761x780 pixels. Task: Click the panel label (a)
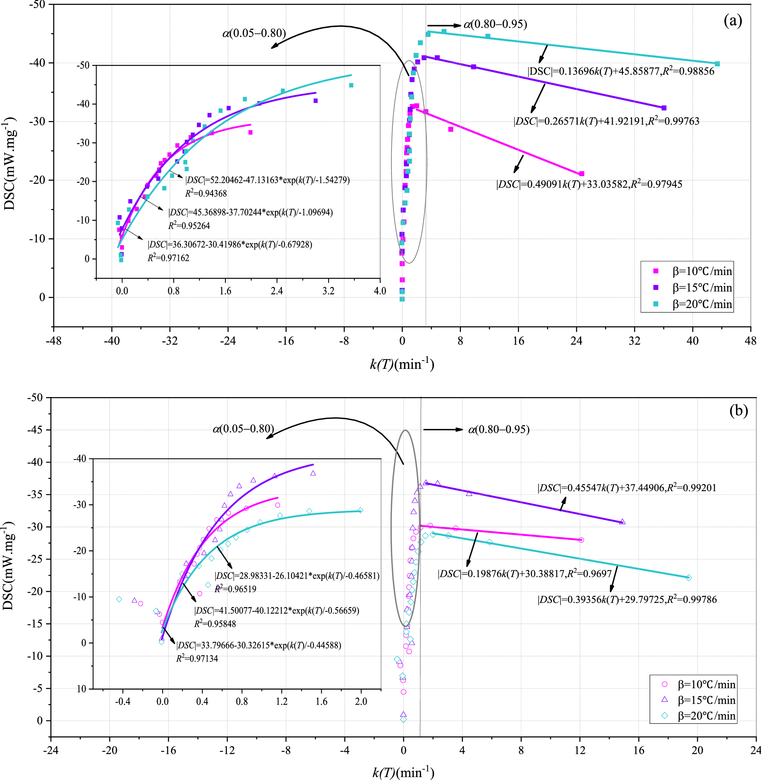[733, 21]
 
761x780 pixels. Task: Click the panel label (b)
[738, 410]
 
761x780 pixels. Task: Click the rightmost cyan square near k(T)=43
[717, 64]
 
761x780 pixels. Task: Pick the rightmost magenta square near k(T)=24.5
[582, 174]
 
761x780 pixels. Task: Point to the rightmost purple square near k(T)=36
[664, 108]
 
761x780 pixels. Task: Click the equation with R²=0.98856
[621, 72]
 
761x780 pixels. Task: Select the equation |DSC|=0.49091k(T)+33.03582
[589, 185]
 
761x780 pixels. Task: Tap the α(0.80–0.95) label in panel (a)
[495, 24]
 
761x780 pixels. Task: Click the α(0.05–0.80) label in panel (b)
[243, 429]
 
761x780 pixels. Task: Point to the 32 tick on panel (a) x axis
[634, 341]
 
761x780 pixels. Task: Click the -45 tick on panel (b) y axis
[35, 430]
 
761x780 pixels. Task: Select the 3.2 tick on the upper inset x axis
[328, 291]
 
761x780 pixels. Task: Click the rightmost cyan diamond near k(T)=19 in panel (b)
[689, 578]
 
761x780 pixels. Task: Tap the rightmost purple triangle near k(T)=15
[622, 522]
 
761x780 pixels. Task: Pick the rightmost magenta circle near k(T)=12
[581, 540]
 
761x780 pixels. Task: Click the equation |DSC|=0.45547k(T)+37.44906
[627, 488]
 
